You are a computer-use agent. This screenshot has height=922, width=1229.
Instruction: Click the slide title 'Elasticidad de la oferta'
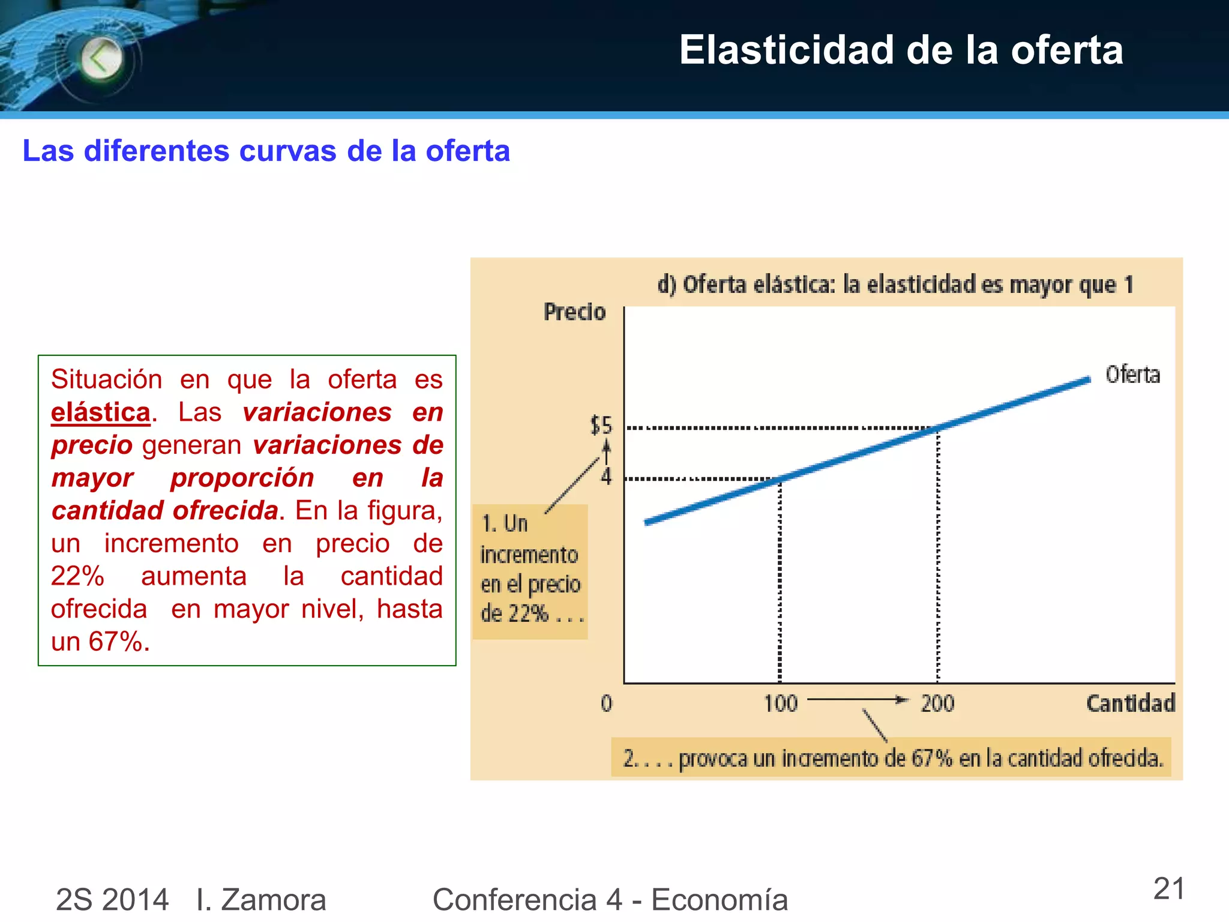click(x=900, y=50)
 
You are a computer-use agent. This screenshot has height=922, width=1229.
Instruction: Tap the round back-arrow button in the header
click(x=101, y=59)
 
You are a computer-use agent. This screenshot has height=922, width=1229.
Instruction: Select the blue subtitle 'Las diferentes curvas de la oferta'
click(x=266, y=151)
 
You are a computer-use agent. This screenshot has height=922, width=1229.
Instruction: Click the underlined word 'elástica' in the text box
click(x=100, y=412)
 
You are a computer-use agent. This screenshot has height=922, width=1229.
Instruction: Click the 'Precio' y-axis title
click(x=574, y=312)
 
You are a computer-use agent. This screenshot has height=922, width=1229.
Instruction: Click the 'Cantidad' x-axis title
click(x=1130, y=703)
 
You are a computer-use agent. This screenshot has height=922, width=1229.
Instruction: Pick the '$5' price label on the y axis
click(x=601, y=426)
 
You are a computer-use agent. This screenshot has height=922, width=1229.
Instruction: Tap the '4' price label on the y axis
click(x=606, y=477)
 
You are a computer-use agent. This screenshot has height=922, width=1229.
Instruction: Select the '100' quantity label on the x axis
click(x=780, y=704)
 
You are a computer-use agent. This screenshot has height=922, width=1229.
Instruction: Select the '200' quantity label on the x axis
click(x=937, y=704)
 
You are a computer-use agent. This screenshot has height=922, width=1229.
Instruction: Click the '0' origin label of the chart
click(x=606, y=704)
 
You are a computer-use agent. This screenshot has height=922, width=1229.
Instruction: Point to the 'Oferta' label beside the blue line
click(x=1132, y=375)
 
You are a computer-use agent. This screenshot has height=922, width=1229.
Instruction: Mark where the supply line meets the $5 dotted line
click(x=938, y=428)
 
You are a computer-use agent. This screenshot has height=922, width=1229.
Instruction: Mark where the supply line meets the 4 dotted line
click(x=780, y=479)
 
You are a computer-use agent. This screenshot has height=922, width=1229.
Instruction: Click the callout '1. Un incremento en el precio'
click(x=530, y=569)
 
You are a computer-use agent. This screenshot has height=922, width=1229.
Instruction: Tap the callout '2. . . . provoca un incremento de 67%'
click(x=892, y=758)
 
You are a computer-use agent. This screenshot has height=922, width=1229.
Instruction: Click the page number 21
click(x=1168, y=889)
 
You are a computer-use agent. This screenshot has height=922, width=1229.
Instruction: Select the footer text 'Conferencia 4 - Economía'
click(x=610, y=900)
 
